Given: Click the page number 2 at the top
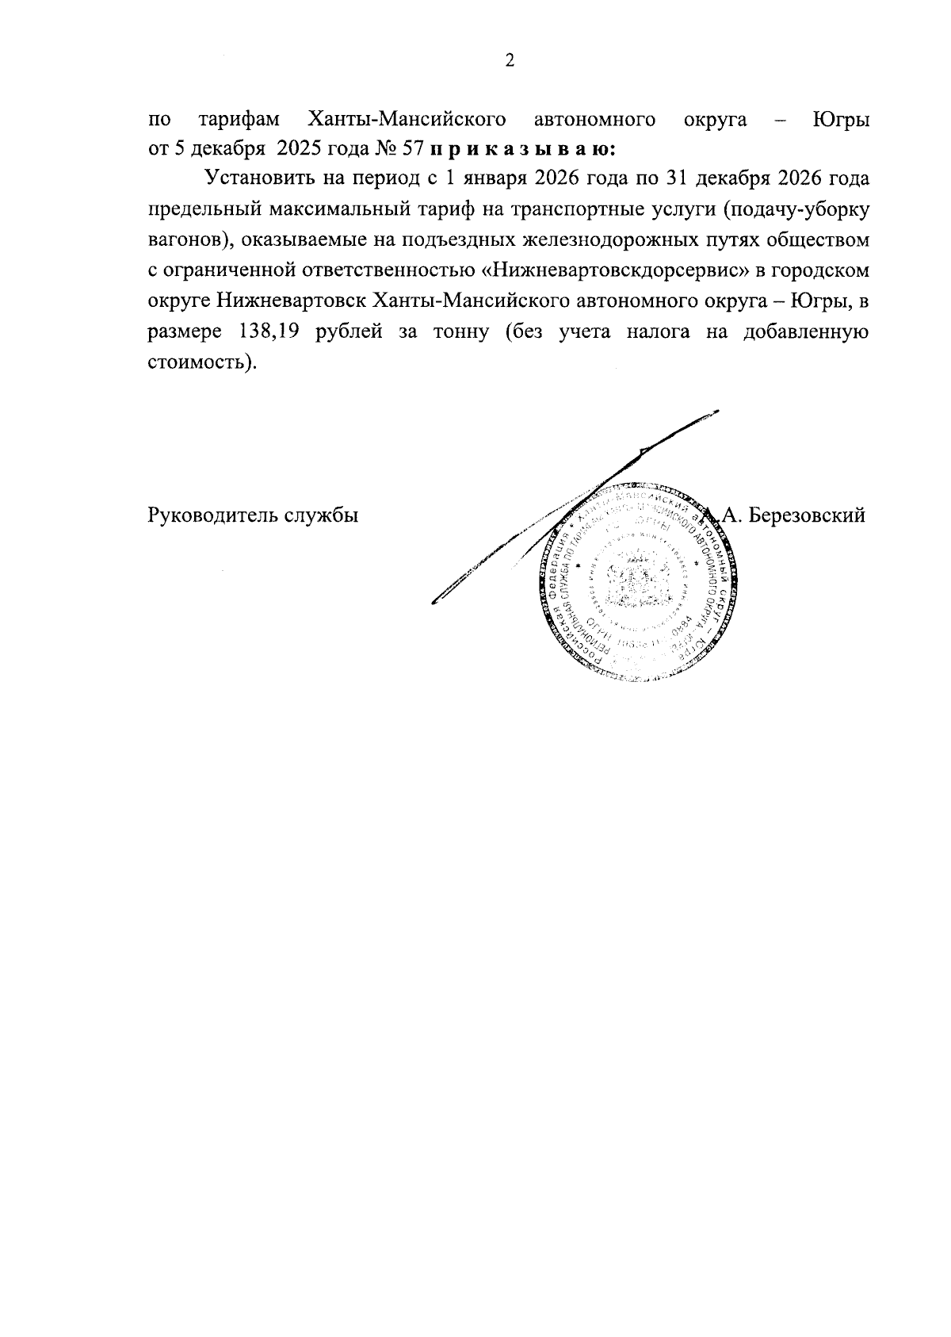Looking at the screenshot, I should pos(510,61).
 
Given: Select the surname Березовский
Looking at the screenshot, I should pos(806,515).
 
